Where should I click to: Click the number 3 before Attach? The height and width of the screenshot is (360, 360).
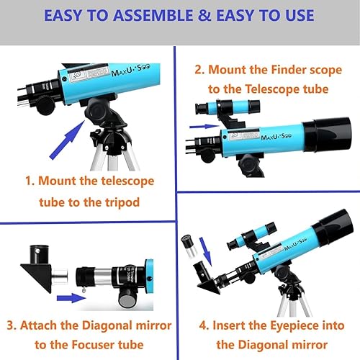click(12, 324)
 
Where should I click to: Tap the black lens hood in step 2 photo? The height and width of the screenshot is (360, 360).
click(328, 137)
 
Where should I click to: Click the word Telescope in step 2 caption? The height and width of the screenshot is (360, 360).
click(264, 89)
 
